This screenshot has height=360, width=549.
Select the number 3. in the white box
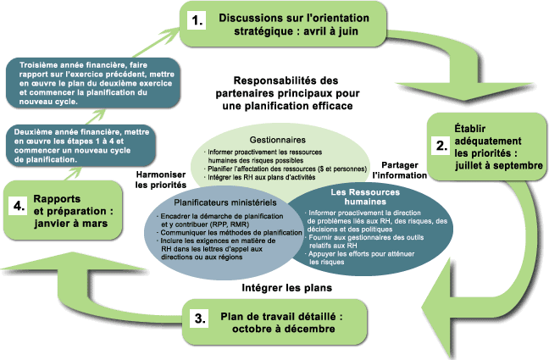point(198,318)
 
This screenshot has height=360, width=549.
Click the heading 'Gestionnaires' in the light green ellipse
point(277,139)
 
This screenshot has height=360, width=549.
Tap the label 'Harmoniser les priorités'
point(161,178)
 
